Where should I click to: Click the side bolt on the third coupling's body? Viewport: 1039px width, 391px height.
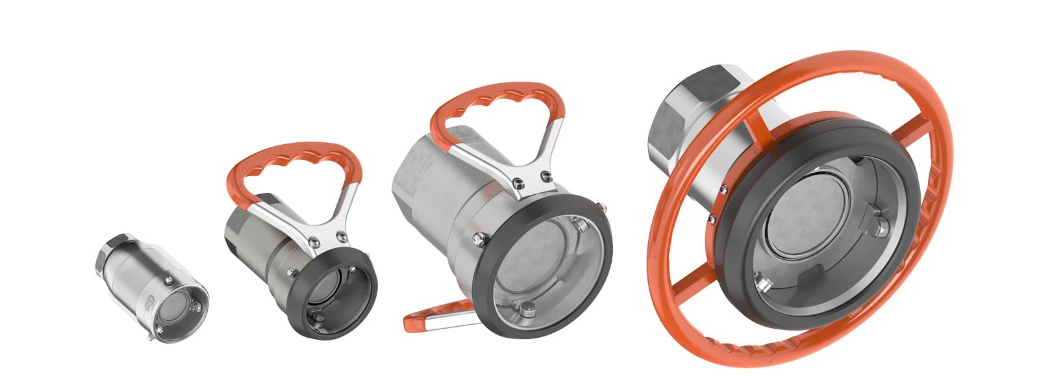[x=479, y=239]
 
